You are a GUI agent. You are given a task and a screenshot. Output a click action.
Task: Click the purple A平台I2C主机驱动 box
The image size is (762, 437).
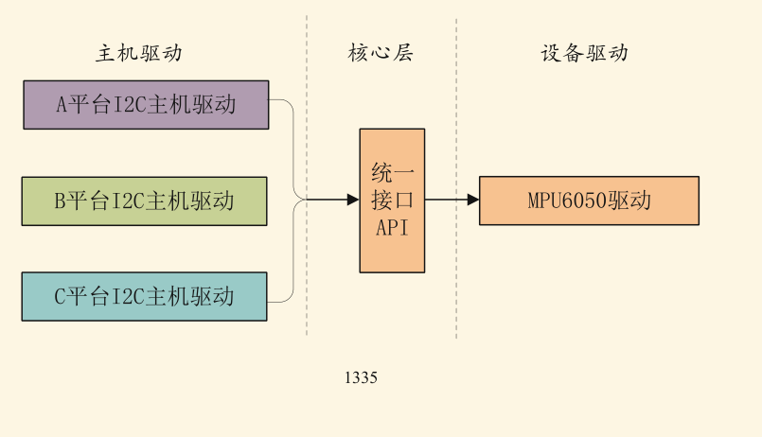tap(146, 105)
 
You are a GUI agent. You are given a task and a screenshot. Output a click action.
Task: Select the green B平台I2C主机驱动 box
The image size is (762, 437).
tap(144, 201)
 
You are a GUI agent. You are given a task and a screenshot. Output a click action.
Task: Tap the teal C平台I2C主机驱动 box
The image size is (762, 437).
tap(144, 296)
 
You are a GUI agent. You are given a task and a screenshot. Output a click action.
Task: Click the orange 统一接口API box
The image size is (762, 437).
tap(392, 200)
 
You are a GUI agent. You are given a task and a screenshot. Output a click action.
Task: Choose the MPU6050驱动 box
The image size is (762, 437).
tap(589, 201)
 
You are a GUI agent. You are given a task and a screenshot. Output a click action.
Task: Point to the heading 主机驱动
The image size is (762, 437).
tap(138, 53)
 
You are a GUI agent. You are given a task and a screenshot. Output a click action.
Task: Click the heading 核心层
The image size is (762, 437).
tap(381, 53)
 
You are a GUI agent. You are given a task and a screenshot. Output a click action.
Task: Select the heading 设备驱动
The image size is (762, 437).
tap(584, 53)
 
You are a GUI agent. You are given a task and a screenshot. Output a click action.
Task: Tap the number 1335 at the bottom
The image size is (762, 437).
tap(361, 378)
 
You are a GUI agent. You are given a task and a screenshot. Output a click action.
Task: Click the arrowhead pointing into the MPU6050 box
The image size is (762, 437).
tap(473, 200)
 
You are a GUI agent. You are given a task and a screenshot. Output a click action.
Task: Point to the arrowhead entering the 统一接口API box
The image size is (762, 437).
tap(353, 200)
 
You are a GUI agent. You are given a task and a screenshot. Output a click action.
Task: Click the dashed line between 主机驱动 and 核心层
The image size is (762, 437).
tap(307, 265)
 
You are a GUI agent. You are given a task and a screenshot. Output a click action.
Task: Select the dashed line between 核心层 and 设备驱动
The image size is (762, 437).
tap(456, 265)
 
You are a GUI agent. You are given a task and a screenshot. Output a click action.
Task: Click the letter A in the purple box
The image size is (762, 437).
tap(62, 105)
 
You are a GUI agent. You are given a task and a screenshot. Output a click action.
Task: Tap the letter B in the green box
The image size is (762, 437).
tap(60, 201)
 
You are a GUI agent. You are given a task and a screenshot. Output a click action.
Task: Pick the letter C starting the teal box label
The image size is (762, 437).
tap(60, 296)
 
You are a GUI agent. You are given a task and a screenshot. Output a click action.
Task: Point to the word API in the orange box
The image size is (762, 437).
tap(392, 227)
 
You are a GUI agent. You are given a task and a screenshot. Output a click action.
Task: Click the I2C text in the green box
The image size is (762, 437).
tap(128, 201)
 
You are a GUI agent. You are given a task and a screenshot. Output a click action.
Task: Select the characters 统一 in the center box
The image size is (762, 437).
tap(392, 173)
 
